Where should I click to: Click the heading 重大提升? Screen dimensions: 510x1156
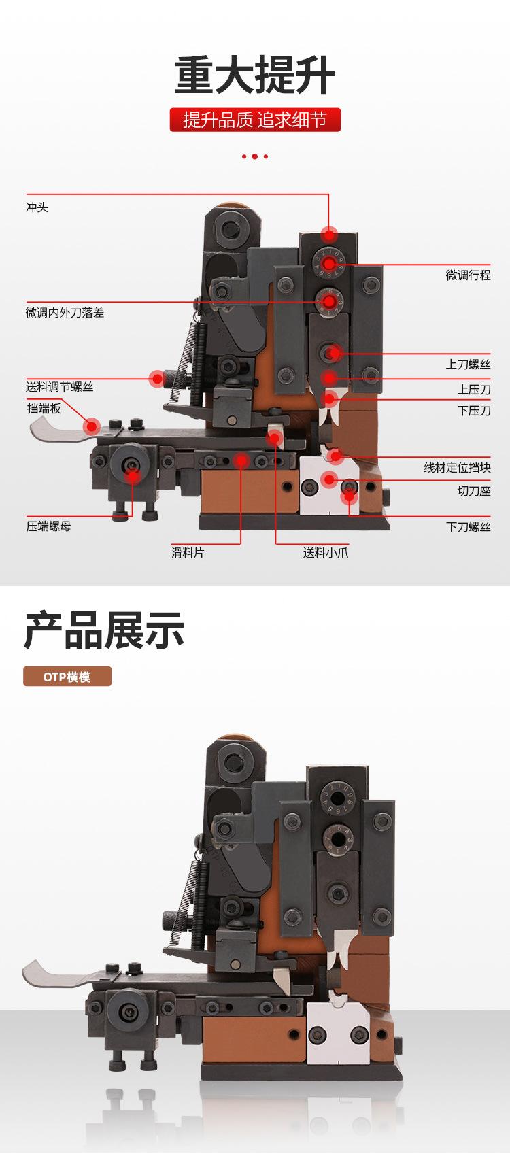pos(255,75)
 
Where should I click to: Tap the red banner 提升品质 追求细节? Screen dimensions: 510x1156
pos(255,120)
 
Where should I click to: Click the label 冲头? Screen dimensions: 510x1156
pos(37,207)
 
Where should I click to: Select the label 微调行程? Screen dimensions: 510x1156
pos(468,275)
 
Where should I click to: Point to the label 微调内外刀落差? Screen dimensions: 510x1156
pos(65,313)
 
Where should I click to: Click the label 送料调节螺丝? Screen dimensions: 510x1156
pos(60,387)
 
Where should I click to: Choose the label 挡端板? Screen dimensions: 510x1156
pos(44,408)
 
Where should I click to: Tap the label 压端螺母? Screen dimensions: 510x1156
pos(49,526)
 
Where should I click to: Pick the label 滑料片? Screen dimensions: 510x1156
pos(188,553)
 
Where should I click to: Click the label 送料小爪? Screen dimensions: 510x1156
pos(326,553)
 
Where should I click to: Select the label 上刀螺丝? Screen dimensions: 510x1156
pos(468,364)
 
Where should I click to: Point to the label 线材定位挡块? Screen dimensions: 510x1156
pos(457,468)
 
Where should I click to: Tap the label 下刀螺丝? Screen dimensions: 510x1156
pos(468,526)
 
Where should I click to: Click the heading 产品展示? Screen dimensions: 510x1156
pos(104,630)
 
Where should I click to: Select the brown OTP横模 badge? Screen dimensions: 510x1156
pos(67,677)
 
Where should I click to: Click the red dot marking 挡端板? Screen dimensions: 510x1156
pos(91,426)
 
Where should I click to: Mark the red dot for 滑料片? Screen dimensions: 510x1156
pos(241,461)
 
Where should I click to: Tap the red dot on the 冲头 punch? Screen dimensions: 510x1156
pos(330,235)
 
